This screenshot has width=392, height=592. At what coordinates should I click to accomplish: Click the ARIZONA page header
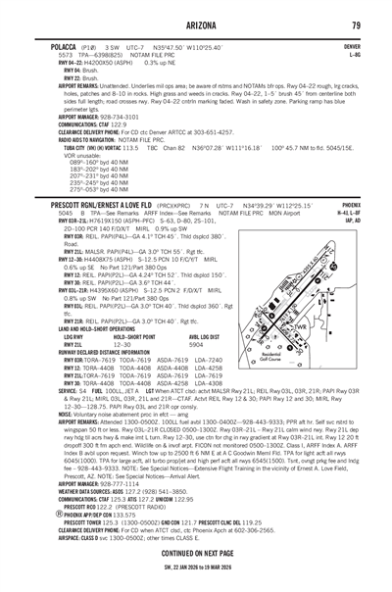coord(196,25)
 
